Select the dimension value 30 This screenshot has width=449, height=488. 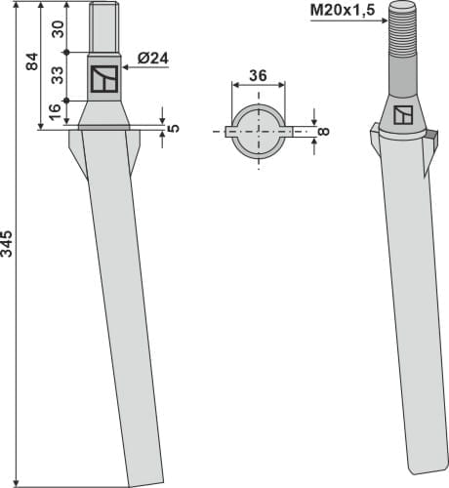click(59, 29)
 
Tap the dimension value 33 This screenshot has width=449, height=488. click(59, 75)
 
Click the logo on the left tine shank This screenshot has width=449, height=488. click(103, 79)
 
